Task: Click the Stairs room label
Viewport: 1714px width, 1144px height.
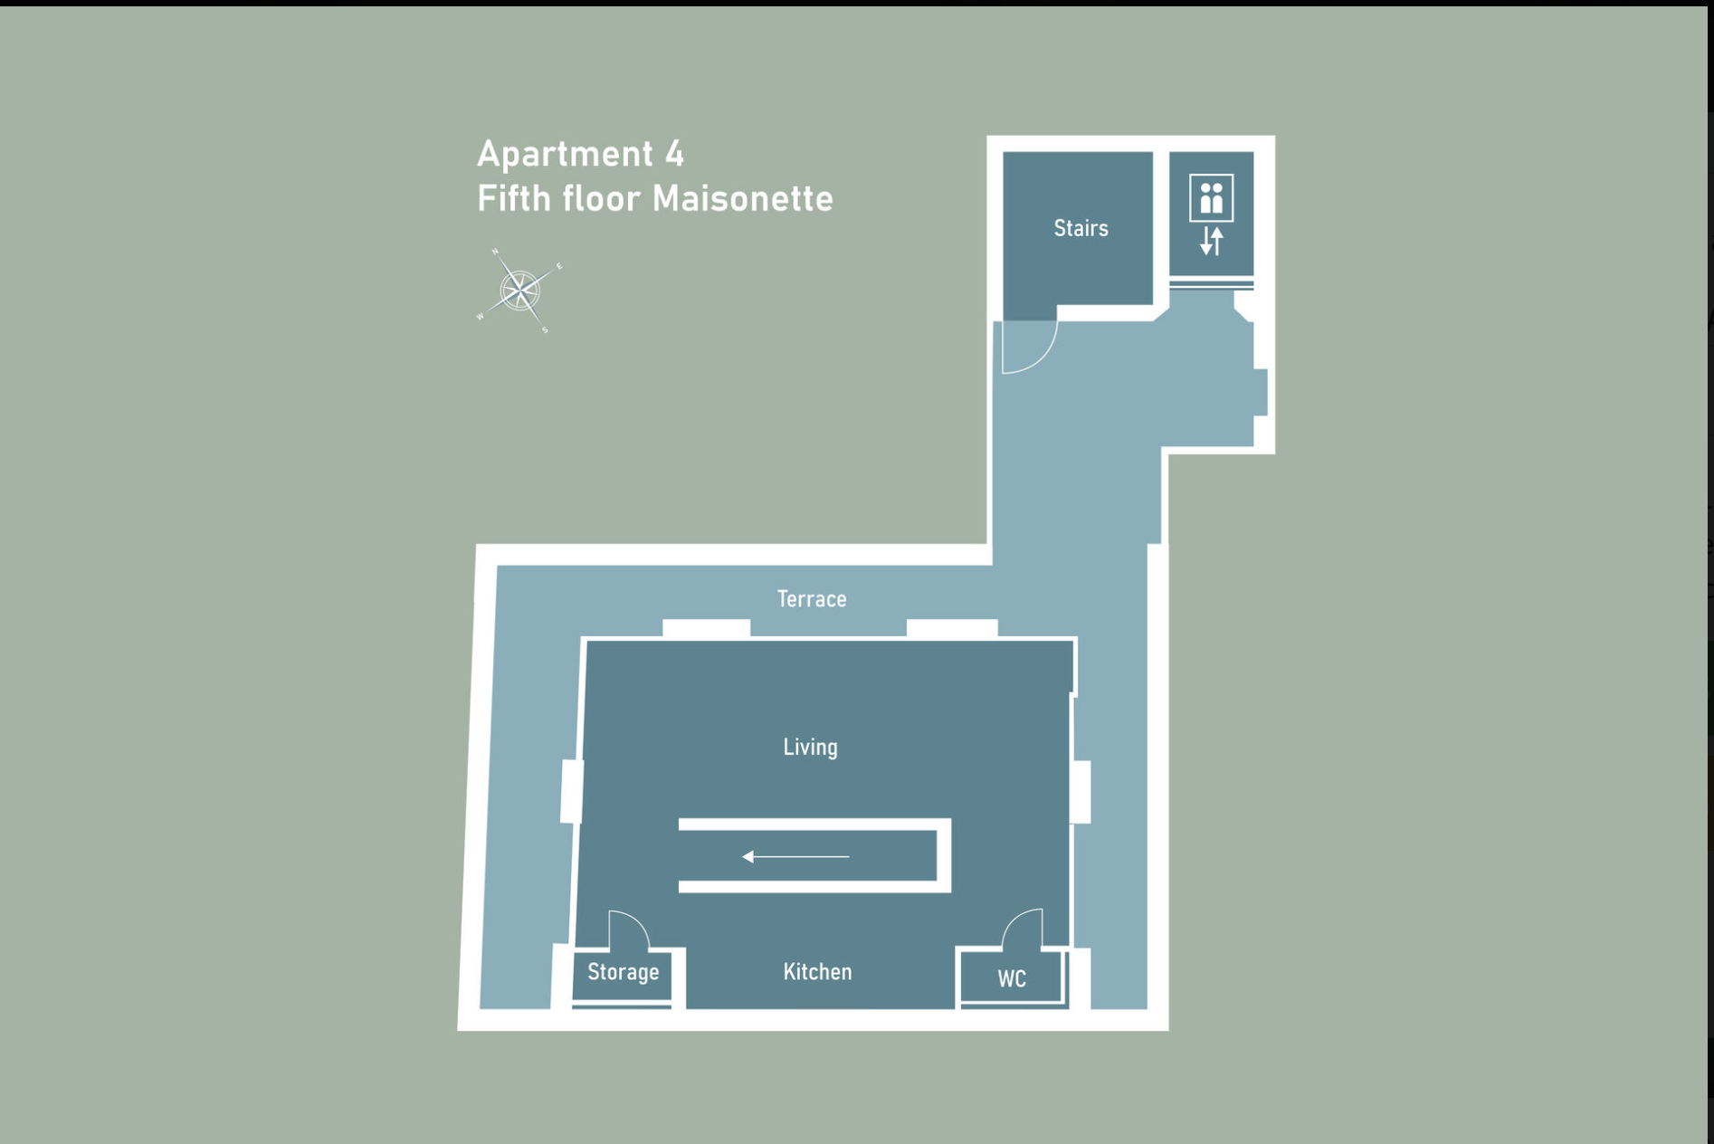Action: point(1081,228)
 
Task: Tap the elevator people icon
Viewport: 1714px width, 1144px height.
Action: point(1211,197)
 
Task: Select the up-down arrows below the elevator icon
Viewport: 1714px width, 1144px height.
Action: point(1211,241)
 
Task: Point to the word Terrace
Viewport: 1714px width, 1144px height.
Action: point(812,599)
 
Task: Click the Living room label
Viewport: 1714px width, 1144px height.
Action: point(810,748)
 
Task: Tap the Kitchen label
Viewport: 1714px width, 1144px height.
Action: point(817,972)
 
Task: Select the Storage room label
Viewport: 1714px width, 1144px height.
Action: point(623,972)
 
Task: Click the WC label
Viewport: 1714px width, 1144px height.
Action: point(1012,979)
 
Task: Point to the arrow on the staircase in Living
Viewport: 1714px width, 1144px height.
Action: point(795,856)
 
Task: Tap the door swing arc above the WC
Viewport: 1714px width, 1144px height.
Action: point(1023,929)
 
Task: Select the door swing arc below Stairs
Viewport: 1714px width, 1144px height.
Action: point(1031,348)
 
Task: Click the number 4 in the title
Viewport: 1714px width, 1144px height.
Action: point(674,154)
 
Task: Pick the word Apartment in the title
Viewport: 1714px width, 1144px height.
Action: point(565,155)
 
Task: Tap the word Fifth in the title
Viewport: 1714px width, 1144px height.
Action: point(513,199)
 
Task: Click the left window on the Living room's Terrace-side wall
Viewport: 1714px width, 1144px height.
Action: point(706,628)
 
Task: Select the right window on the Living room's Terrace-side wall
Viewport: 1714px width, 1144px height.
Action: point(952,628)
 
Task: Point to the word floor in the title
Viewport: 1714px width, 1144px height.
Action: point(600,199)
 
